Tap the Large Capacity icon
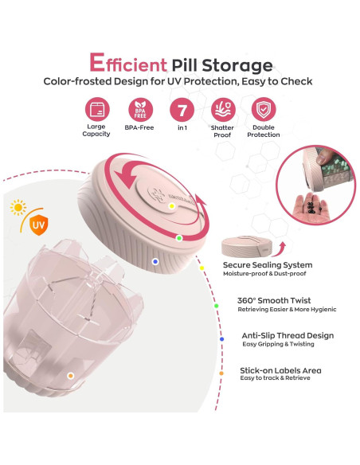(x=96, y=110)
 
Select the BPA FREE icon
(x=139, y=110)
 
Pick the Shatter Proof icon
(x=222, y=110)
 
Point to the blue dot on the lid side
(x=155, y=260)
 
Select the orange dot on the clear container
(x=71, y=375)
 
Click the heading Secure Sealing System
(x=267, y=264)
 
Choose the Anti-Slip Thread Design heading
(x=287, y=336)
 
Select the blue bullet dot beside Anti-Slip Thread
(x=221, y=338)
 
